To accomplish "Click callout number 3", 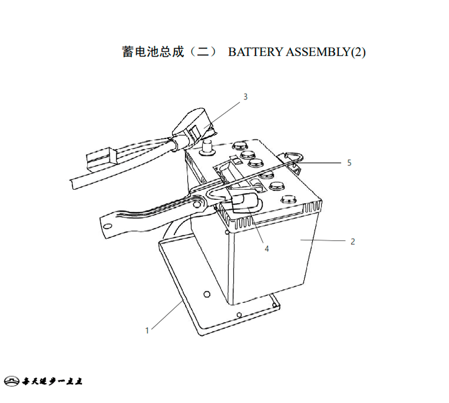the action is (246, 97).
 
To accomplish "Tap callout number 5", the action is (349, 163).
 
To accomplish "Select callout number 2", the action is (353, 241).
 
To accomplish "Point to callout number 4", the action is (267, 249).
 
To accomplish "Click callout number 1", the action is (147, 331).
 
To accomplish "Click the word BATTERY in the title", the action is (255, 52).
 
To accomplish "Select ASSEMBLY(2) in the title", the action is (326, 52).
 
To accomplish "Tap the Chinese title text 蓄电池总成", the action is (153, 52).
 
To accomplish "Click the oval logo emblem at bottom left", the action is (12, 381).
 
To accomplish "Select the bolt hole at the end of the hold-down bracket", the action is (108, 227).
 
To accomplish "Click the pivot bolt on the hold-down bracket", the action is (197, 204).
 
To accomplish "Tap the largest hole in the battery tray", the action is (207, 294).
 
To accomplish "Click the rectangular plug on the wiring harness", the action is (101, 160).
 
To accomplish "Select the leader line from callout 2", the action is (323, 241).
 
